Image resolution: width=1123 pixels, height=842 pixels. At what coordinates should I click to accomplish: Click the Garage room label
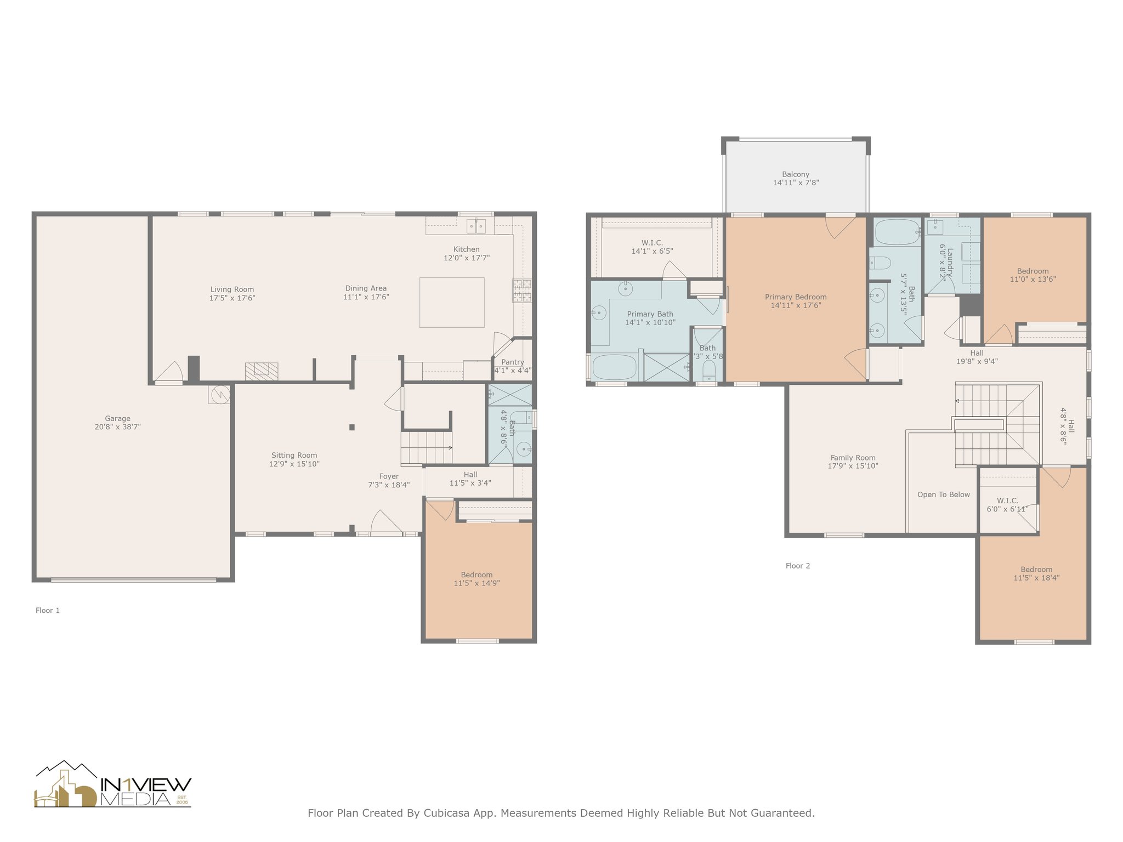click(118, 418)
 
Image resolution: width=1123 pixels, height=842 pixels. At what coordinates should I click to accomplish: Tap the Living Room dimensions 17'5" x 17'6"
click(232, 298)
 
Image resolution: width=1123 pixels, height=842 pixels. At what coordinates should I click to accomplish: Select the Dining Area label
click(366, 288)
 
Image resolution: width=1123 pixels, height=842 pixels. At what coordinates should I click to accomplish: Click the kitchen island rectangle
click(452, 303)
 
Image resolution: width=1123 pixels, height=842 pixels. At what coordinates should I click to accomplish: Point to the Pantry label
click(513, 362)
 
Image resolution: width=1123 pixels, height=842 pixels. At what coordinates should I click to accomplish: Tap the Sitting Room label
click(294, 455)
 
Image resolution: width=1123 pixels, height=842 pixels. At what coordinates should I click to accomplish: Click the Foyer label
click(389, 476)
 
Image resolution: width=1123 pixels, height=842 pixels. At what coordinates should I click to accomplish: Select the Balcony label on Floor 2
click(796, 174)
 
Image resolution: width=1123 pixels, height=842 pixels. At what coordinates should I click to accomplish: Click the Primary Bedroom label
click(796, 297)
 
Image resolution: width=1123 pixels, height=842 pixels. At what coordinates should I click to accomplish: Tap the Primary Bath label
click(650, 314)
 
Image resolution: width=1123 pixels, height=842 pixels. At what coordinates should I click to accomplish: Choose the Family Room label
click(853, 458)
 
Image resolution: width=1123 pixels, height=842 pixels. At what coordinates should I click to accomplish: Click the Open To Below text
click(944, 494)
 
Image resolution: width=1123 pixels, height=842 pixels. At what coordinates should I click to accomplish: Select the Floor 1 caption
click(48, 610)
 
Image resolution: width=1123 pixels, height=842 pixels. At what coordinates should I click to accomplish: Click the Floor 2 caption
click(798, 566)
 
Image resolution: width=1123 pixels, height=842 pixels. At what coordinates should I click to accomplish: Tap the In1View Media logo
click(113, 784)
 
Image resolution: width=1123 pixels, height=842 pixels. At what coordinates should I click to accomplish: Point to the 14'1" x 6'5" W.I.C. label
click(653, 251)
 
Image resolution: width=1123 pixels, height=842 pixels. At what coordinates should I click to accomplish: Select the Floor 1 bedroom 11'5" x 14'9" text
click(477, 583)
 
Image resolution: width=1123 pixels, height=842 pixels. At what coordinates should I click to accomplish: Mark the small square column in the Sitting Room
click(352, 427)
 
